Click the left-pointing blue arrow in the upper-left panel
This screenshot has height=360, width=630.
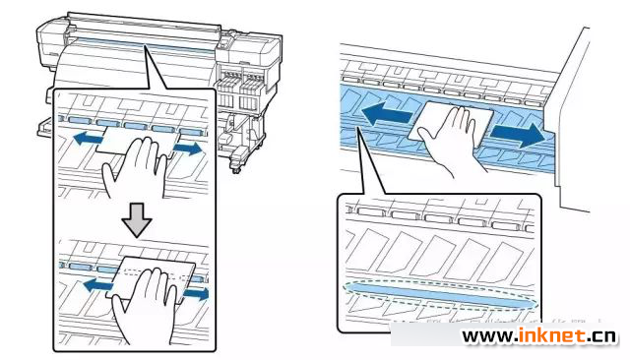point(88,139)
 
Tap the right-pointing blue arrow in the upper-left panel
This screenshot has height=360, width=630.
point(188,149)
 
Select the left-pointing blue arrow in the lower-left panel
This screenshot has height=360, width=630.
point(98,286)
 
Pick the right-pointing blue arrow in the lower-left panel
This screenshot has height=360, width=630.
point(196,294)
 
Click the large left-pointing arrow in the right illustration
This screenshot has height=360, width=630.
point(387,114)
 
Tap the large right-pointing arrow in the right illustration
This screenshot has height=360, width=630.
point(519,135)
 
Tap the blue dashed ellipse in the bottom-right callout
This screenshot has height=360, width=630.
point(440,296)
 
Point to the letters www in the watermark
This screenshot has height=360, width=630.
point(487,336)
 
